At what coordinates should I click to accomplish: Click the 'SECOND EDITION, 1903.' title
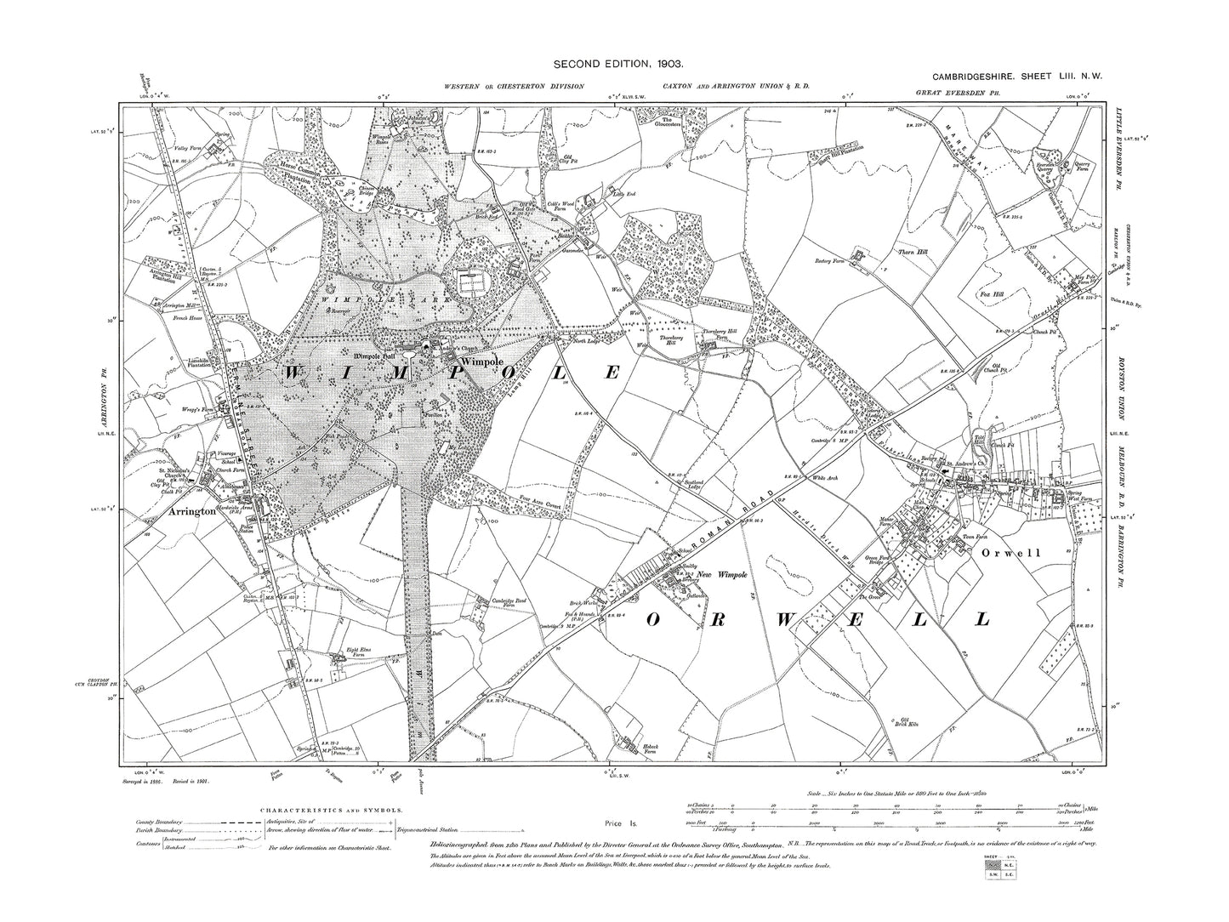coord(612,64)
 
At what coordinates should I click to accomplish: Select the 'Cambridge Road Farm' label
coord(516,600)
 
